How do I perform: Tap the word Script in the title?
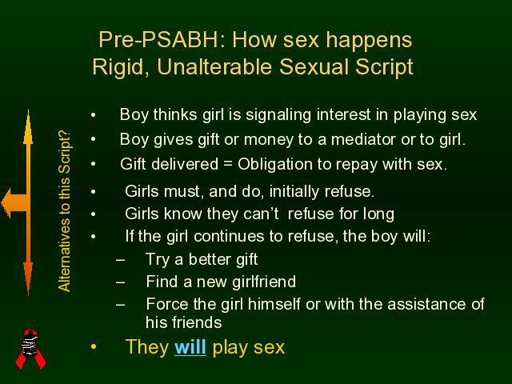(x=384, y=68)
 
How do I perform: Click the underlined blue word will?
(x=190, y=346)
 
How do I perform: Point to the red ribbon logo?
(x=30, y=349)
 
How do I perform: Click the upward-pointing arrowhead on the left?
(x=28, y=127)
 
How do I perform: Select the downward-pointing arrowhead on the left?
(x=28, y=278)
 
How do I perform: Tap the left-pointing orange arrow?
(x=14, y=203)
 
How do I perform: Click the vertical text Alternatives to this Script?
(x=64, y=211)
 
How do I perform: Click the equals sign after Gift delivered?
(x=227, y=164)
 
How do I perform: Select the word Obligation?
(x=275, y=165)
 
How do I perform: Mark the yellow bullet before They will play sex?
(x=94, y=346)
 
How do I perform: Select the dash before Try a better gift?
(x=121, y=260)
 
